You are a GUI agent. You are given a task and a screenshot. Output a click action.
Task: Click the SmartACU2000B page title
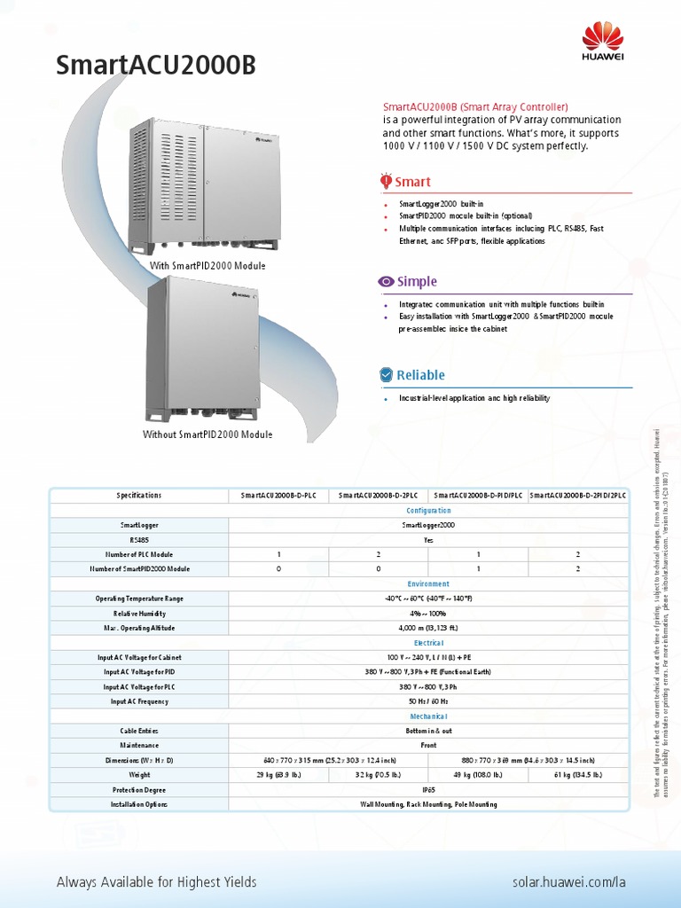coord(160,65)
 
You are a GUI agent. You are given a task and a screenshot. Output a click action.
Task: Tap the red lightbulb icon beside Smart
coord(387,181)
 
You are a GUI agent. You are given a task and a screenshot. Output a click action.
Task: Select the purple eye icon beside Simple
coord(387,282)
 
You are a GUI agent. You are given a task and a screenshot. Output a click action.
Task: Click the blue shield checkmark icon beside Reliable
coord(387,375)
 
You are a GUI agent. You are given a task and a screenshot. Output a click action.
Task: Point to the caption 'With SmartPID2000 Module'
coord(207,266)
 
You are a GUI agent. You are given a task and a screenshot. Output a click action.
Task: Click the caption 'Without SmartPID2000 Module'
coord(207,434)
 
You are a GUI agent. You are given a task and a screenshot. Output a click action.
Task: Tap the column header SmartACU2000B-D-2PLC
coord(379,496)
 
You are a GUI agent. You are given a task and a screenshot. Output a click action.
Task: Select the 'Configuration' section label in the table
coord(428,511)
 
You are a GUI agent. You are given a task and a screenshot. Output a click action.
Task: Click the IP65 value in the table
coord(428,789)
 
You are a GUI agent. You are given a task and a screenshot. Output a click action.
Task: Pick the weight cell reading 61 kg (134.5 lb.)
coord(578,775)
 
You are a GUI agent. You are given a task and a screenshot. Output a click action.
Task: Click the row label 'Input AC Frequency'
coord(139,701)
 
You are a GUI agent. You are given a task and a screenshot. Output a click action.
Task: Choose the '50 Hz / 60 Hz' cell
coord(428,701)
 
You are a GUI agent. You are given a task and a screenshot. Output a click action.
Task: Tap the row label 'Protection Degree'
coord(139,789)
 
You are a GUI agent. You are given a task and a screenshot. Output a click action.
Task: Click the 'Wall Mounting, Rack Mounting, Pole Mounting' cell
coord(428,804)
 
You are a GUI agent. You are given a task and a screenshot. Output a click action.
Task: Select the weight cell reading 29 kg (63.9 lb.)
coord(278,775)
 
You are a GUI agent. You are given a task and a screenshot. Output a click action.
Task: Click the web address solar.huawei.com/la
coord(569,882)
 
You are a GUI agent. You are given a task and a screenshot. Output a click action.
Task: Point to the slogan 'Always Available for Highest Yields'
coord(156,882)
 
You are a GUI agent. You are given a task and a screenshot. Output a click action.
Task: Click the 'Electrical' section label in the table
coord(428,643)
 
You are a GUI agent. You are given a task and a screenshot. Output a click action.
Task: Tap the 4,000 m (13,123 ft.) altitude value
coord(428,628)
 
